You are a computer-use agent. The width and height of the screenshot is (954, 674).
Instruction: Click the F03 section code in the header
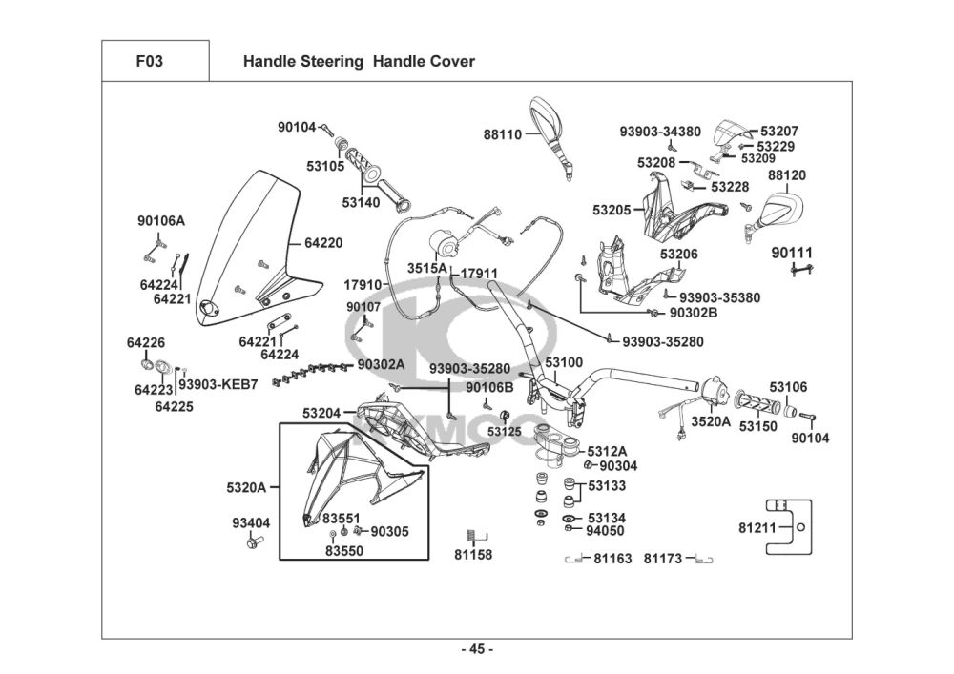[150, 62]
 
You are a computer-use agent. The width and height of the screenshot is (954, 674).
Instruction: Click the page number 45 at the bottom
[477, 650]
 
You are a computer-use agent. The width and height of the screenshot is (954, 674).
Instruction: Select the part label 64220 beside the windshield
[323, 243]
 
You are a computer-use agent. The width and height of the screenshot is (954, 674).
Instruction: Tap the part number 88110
[503, 135]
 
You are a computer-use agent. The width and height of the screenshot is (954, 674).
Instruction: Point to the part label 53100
[563, 363]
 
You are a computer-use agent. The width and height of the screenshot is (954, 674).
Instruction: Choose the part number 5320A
[246, 487]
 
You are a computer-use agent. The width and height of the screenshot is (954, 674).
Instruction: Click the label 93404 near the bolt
[251, 522]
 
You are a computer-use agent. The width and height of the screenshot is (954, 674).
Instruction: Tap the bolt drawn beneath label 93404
[254, 541]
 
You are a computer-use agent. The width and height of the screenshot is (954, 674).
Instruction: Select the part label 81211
[758, 527]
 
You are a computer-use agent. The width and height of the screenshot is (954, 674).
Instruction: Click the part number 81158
[473, 555]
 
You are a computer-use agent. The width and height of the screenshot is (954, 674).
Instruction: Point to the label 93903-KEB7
[219, 384]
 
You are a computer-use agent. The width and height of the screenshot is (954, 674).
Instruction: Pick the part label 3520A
[711, 421]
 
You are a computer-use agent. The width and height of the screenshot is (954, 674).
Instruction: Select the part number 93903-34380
[660, 132]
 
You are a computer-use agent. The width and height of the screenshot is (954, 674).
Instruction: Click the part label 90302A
[381, 364]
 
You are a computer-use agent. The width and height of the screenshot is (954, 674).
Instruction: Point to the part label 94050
[605, 531]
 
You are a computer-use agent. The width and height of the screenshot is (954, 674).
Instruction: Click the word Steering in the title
[330, 62]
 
